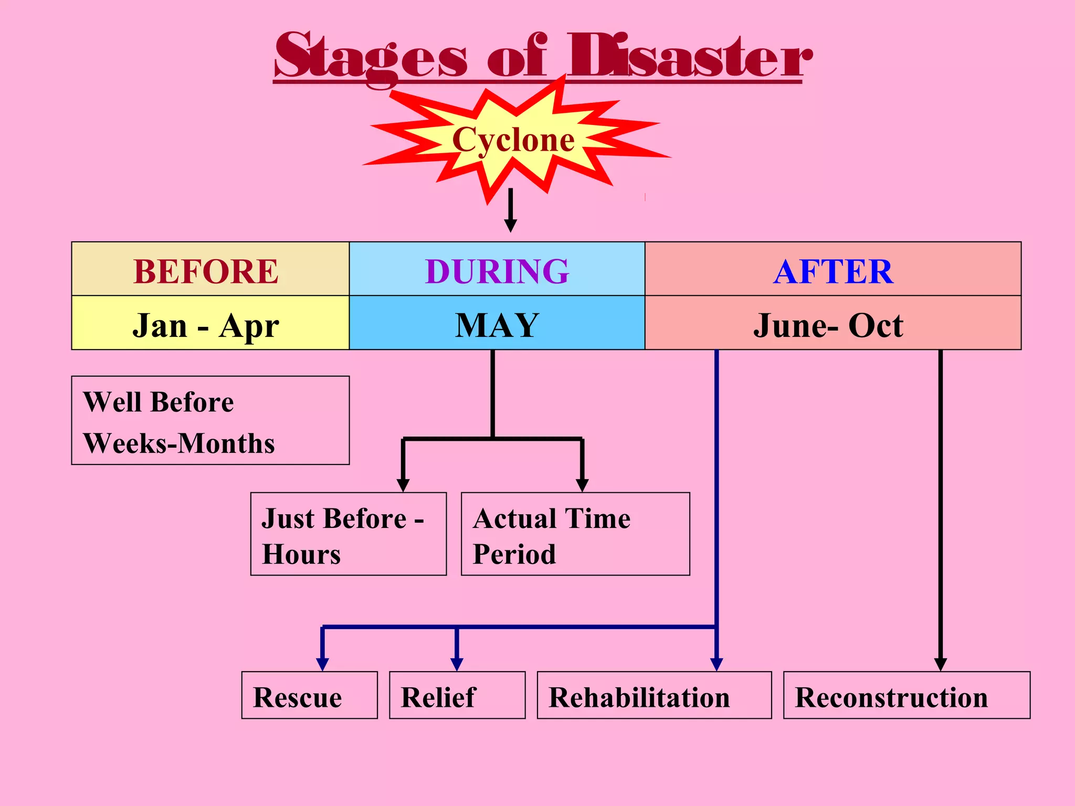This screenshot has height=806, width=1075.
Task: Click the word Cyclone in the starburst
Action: [x=513, y=140]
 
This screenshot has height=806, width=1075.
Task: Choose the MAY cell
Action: [x=497, y=324]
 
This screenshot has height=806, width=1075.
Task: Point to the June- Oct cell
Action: [x=833, y=324]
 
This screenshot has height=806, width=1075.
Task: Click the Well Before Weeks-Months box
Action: [x=210, y=420]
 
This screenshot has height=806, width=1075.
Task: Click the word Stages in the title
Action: [x=371, y=57]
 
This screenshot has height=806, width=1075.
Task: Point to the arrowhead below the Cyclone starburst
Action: [x=510, y=226]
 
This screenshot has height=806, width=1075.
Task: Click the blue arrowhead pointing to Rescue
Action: [x=322, y=664]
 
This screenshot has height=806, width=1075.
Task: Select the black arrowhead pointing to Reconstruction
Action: [x=940, y=664]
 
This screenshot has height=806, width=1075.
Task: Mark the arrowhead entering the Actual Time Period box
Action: [x=582, y=485]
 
